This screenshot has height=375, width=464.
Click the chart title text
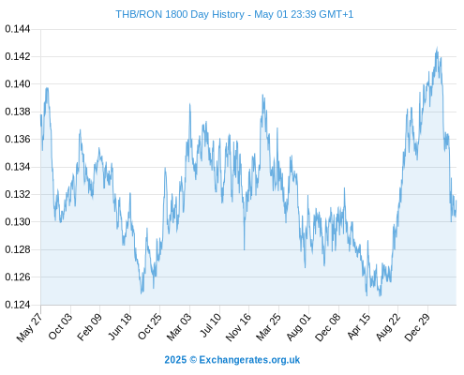[x=234, y=14]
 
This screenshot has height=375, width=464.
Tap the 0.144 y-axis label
[x=18, y=29]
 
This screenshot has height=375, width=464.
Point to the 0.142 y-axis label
[x=18, y=56]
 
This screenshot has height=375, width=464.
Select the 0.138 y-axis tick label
[x=18, y=112]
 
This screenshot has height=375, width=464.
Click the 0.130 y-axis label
[x=18, y=222]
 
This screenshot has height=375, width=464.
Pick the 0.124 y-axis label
[x=18, y=305]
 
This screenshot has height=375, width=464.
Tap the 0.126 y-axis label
[x=18, y=277]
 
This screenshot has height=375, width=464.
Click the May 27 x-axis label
[x=29, y=327]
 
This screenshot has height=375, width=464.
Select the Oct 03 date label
[x=60, y=326]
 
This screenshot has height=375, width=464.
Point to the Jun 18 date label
[x=120, y=326]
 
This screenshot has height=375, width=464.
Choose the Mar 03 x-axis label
[x=178, y=326]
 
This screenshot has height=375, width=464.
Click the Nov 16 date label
[x=238, y=327]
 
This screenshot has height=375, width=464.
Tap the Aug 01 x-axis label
[x=299, y=326]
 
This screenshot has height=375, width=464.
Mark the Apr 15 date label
[x=359, y=326]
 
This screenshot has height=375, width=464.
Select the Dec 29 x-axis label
[x=417, y=327]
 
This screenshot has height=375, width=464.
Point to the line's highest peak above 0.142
[x=437, y=48]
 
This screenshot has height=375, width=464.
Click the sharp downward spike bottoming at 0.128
[x=245, y=249]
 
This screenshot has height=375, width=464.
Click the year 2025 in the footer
[x=175, y=360]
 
